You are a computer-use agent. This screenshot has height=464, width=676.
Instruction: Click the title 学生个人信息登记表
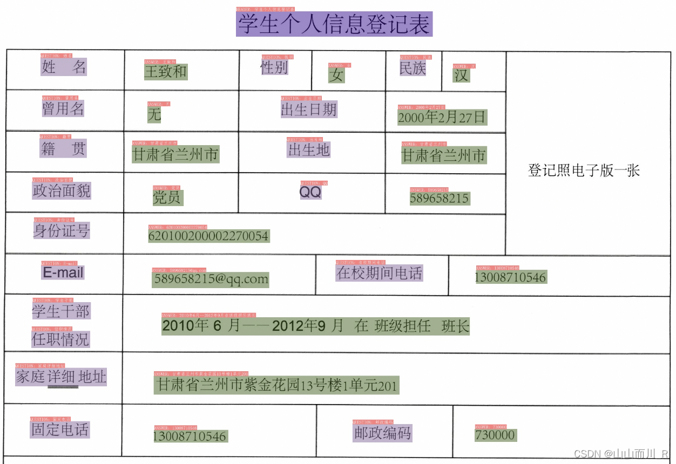334,24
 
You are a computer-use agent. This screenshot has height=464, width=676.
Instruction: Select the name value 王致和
166,71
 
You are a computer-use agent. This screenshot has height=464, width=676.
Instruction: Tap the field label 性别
274,67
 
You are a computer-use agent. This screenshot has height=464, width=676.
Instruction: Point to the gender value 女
336,75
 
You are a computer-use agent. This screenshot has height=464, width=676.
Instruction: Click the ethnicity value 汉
461,75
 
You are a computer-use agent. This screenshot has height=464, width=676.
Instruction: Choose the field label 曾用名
63,108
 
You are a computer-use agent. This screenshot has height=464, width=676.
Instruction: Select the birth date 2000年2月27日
442,117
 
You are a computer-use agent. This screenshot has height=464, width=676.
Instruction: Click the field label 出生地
309,149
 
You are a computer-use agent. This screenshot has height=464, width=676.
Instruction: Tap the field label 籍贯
63,148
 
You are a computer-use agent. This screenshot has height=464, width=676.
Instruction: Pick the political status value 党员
167,197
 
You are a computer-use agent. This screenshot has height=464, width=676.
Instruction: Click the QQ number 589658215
440,198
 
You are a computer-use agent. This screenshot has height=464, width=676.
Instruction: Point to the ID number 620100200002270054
208,236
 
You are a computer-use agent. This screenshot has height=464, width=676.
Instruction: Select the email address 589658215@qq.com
211,279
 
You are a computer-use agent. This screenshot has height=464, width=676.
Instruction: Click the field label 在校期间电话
379,272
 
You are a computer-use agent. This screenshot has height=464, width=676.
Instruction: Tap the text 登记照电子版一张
584,170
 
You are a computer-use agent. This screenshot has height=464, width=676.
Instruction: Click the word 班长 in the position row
456,326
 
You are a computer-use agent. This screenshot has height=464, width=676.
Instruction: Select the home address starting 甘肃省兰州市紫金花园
276,385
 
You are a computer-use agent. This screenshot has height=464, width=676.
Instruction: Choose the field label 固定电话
60,429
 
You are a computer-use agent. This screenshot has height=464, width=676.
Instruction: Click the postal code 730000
495,435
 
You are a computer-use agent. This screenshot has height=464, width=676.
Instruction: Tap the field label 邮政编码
382,433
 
